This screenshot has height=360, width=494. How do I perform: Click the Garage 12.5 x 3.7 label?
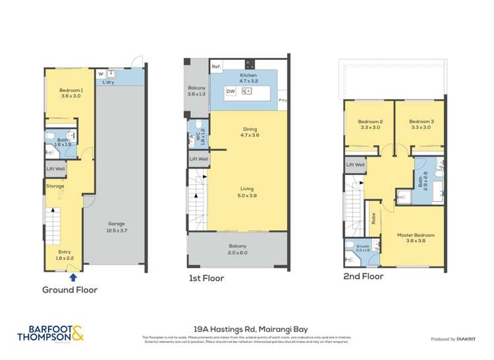[116, 226]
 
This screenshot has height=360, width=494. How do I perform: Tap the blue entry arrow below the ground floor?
[72, 277]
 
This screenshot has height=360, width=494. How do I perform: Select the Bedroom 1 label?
[70, 93]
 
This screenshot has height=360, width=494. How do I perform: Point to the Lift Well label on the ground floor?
[55, 169]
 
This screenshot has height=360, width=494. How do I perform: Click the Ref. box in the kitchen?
[216, 67]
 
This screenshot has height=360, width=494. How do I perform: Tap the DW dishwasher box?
[231, 91]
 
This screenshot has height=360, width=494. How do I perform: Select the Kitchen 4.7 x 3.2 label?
[248, 78]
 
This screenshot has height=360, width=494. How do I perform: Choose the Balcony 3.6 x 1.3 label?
[196, 91]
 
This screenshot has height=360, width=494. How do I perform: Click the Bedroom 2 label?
[370, 124]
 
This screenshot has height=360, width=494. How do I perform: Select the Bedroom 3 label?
[420, 124]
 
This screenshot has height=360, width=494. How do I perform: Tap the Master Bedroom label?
[416, 238]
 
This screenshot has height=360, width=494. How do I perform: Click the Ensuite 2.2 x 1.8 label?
[363, 248]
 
